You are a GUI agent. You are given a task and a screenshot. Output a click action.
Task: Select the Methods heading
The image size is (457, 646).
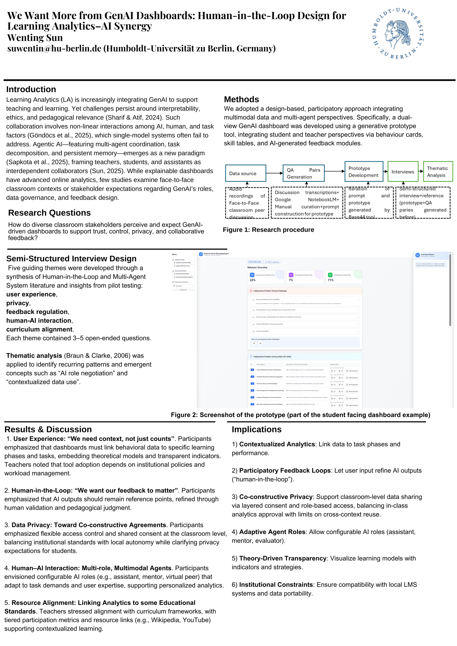click(241, 99)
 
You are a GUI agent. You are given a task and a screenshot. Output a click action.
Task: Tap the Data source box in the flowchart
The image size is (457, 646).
click(245, 173)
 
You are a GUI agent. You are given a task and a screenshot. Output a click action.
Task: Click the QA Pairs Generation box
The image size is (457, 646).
click(303, 173)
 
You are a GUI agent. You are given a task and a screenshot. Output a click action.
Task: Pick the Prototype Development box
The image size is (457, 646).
click(364, 172)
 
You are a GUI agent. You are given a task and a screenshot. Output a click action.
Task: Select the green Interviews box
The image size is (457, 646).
click(403, 172)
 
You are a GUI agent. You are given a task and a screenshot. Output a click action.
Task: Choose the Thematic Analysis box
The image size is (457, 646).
click(438, 172)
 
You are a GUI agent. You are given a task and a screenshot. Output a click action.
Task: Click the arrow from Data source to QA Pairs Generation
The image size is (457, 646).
click(274, 173)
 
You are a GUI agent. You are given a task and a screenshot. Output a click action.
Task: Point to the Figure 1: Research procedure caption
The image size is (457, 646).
click(268, 230)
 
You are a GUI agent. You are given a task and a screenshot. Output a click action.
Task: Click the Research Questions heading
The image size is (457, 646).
click(49, 213)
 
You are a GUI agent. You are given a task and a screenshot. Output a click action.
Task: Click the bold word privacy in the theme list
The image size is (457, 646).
click(17, 303)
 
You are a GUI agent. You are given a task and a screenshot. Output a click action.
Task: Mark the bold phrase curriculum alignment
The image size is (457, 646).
click(39, 329)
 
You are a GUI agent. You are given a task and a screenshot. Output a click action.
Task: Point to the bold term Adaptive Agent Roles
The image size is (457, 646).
click(272, 532)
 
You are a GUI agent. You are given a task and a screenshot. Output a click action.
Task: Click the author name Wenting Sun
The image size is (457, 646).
click(35, 38)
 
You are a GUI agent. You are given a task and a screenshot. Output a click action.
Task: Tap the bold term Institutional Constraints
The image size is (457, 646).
click(276, 584)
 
